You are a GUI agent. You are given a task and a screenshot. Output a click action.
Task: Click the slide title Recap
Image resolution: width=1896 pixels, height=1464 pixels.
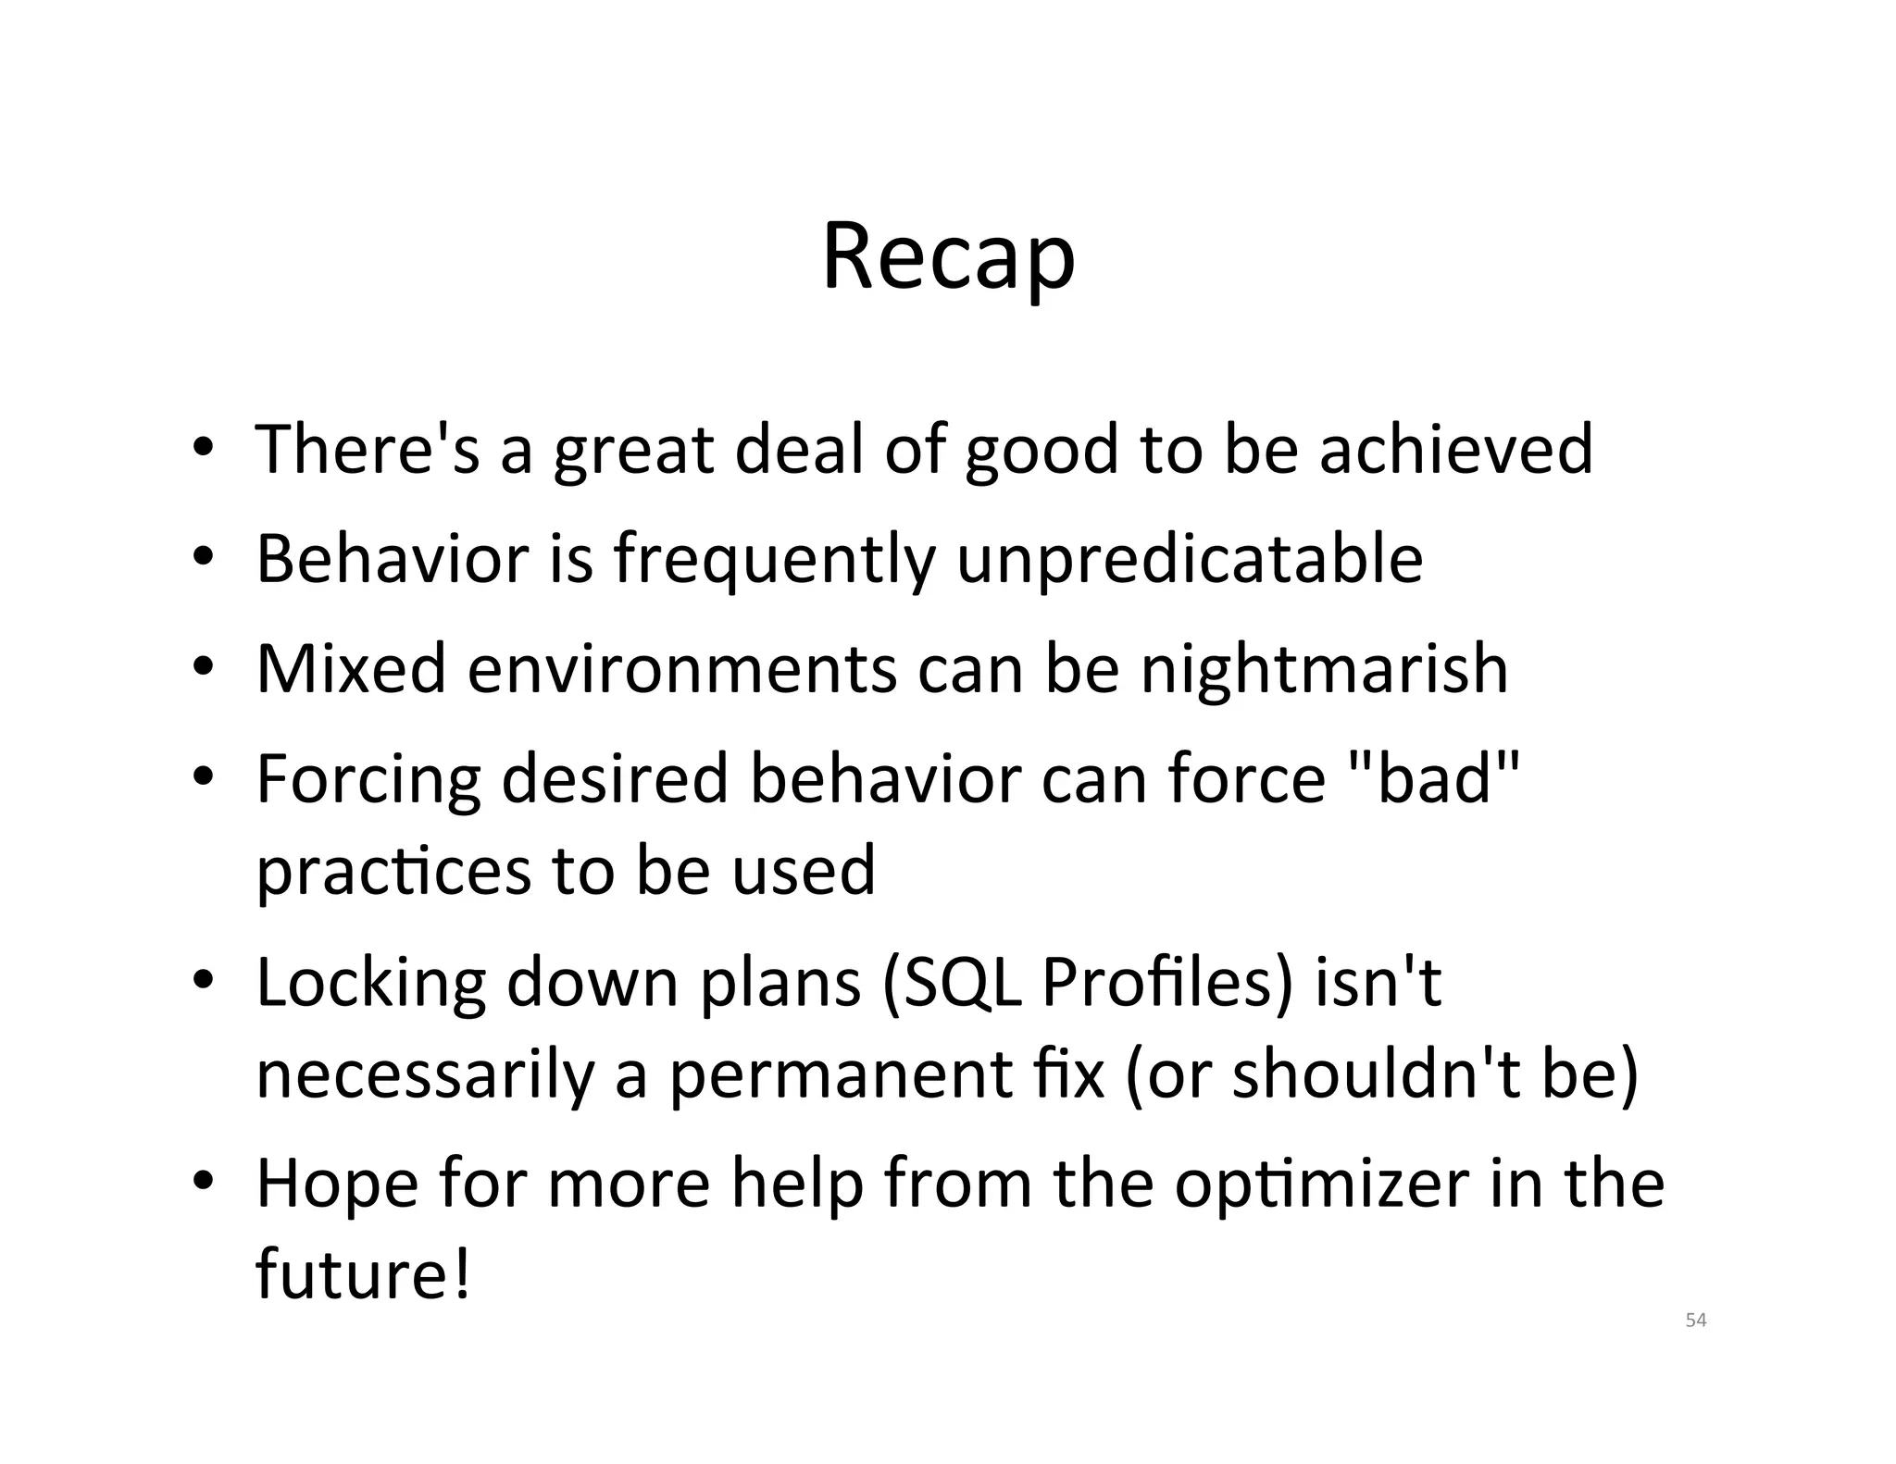click(x=948, y=257)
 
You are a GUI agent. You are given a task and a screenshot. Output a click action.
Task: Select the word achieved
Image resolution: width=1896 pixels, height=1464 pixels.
click(x=1455, y=449)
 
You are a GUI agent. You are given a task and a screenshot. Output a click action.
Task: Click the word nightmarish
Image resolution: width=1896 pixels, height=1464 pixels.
click(x=1324, y=669)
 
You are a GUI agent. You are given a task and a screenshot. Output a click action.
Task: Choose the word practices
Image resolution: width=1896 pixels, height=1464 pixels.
click(x=393, y=871)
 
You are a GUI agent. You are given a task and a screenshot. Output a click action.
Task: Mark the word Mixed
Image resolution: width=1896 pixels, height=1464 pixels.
click(x=352, y=669)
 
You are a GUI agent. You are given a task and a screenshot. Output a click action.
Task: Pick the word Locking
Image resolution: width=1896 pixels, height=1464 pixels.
click(x=371, y=984)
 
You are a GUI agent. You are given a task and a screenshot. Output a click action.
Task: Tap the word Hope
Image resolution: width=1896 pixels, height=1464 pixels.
click(x=337, y=1185)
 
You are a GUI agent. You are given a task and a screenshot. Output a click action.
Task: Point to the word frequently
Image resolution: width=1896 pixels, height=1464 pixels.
click(x=774, y=560)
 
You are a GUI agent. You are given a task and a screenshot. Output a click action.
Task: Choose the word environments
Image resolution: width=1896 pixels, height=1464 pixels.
click(x=681, y=669)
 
